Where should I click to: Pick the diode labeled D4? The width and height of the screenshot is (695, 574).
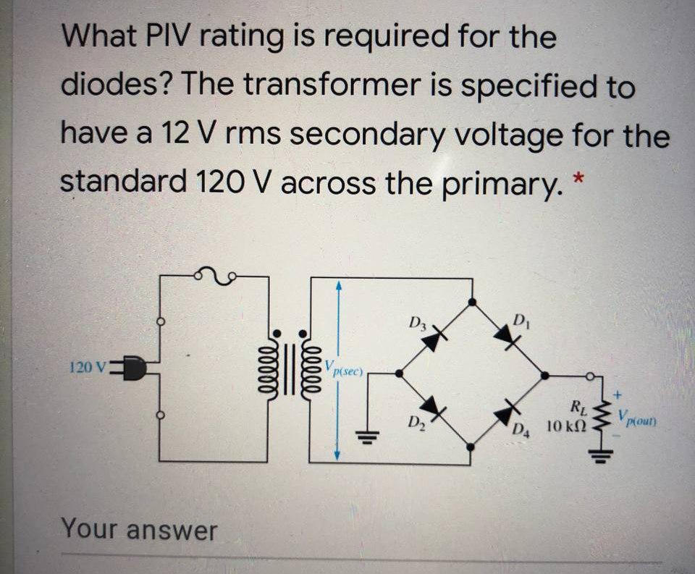pyautogui.click(x=506, y=412)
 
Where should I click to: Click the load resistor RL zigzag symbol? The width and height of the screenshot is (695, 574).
pyautogui.click(x=599, y=418)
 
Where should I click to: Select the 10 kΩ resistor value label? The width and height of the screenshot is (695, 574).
pyautogui.click(x=565, y=426)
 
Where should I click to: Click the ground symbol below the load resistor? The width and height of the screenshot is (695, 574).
pyautogui.click(x=600, y=455)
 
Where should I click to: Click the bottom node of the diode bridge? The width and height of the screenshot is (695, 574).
pyautogui.click(x=471, y=447)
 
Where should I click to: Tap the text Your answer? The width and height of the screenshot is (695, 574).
pyautogui.click(x=138, y=529)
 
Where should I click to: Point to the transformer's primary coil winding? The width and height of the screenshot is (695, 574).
pyautogui.click(x=276, y=361)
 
